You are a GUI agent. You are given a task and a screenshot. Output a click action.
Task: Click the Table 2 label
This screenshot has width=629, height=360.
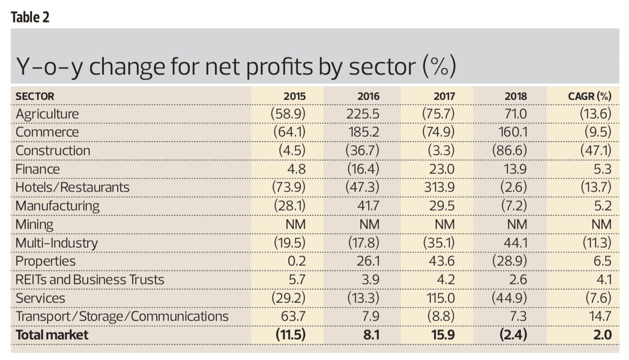[x=30, y=18]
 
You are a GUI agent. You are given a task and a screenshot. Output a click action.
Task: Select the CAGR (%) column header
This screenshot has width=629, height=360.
[x=589, y=96]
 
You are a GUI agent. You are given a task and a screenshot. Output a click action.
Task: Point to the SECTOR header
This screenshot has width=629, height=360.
[x=35, y=96]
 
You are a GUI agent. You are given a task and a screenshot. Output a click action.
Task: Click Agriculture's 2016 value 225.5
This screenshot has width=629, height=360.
[x=364, y=114]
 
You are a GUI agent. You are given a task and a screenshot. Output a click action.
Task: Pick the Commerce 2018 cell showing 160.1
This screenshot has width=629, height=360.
[x=512, y=132]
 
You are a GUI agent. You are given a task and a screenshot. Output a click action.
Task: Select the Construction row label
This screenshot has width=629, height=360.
[x=53, y=151]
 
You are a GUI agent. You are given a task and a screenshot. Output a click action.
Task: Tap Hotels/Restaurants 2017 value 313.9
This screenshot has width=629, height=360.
[x=439, y=188]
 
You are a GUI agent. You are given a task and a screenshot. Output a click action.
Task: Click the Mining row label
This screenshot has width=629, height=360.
[x=34, y=224]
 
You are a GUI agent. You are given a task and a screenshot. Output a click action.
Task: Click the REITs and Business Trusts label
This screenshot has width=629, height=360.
[x=90, y=280]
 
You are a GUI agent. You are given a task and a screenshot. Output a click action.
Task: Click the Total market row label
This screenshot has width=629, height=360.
[x=52, y=335]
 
